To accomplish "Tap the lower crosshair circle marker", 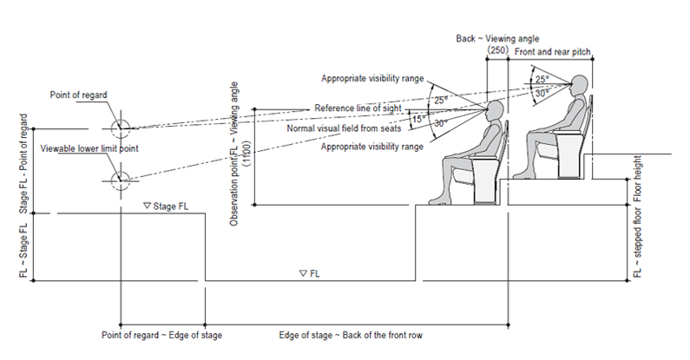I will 120,180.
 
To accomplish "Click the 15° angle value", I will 418,117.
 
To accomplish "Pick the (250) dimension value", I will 497,52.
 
